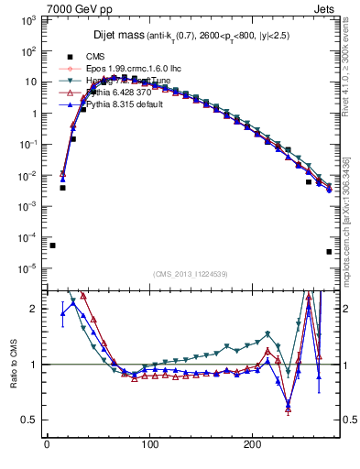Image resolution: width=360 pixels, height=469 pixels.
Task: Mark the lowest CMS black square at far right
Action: point(329,252)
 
